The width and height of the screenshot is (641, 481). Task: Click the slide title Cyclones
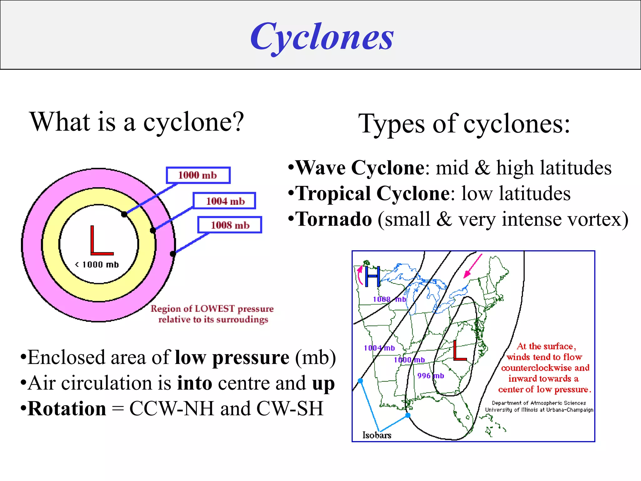click(x=322, y=37)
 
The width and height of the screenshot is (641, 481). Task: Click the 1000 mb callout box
click(x=198, y=175)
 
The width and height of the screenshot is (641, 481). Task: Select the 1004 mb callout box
click(x=224, y=201)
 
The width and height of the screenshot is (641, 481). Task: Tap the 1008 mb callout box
click(x=229, y=225)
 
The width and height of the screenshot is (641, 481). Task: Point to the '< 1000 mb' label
click(x=97, y=265)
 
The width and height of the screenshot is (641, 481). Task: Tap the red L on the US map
click(x=459, y=351)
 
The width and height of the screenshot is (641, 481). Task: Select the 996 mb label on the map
click(x=430, y=375)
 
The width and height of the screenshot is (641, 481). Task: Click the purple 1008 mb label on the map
click(x=389, y=299)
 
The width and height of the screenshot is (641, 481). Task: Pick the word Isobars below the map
click(x=377, y=435)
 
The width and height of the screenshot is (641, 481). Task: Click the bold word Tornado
click(x=334, y=219)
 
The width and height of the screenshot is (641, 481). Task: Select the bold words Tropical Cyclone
click(x=372, y=193)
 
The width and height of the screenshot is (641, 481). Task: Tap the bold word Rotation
click(x=67, y=409)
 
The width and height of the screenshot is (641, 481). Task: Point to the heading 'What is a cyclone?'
click(x=137, y=122)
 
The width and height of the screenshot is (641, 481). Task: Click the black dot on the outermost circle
click(x=173, y=254)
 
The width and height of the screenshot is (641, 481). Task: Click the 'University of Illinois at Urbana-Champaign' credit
click(x=539, y=410)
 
